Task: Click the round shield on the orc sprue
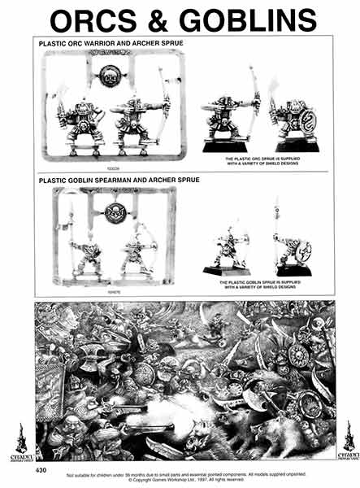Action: pyautogui.click(x=110, y=76)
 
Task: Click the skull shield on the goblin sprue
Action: pyautogui.click(x=114, y=213)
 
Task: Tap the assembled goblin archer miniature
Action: pyautogui.click(x=232, y=248)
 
